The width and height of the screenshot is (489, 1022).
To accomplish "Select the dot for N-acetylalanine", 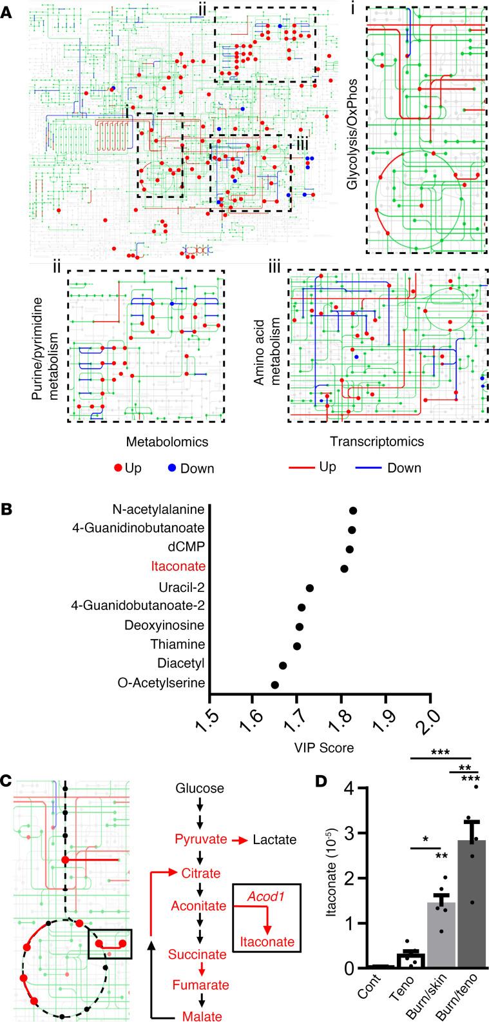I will tap(353, 511).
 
